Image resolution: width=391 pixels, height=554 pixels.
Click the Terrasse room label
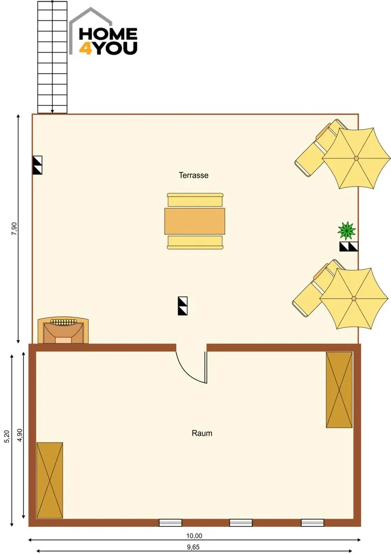(x=193, y=175)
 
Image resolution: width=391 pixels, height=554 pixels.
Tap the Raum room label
(x=202, y=433)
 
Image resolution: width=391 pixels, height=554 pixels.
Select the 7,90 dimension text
(x=14, y=229)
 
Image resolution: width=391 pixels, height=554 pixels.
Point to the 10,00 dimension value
(x=194, y=536)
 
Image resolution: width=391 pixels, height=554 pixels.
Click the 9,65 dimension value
(x=193, y=547)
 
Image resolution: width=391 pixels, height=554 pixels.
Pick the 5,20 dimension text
(x=7, y=437)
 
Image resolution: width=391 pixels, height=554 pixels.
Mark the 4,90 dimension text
(x=19, y=435)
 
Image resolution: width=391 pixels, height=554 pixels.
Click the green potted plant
(x=347, y=230)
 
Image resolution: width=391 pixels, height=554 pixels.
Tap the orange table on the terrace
(x=194, y=221)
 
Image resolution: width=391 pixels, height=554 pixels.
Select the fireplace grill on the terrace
(x=63, y=330)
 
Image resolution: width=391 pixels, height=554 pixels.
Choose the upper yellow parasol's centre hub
(x=356, y=158)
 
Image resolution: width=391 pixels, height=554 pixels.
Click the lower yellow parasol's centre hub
(x=354, y=299)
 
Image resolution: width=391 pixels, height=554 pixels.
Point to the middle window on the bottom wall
(x=241, y=523)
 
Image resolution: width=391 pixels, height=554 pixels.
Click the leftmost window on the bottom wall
(x=171, y=523)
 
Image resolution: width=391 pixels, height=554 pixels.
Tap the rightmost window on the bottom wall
(x=312, y=523)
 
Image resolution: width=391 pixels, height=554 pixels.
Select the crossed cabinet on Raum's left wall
(x=50, y=480)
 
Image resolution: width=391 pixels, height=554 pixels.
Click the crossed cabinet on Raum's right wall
(x=339, y=389)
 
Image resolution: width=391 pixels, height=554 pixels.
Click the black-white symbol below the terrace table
(x=183, y=306)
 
